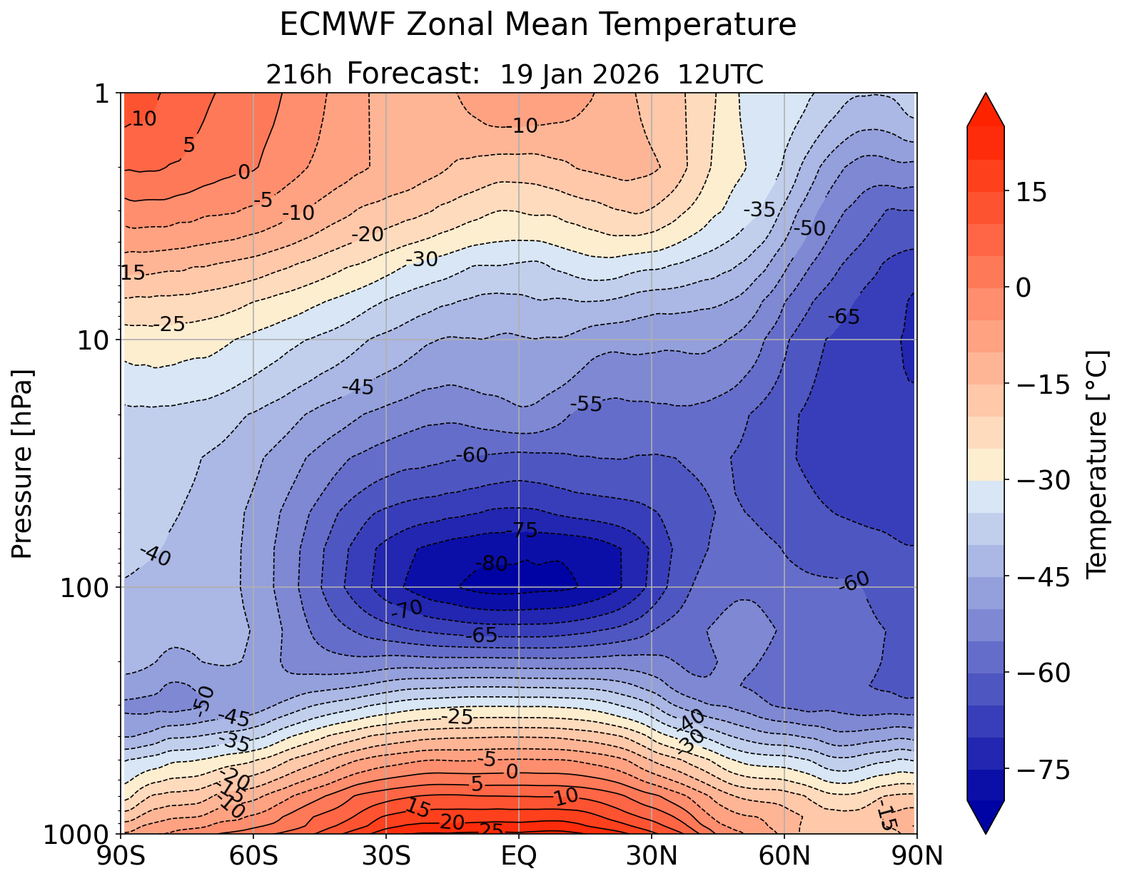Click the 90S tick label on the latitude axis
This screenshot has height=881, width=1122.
coord(124,856)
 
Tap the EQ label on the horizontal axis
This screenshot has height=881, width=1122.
coord(519,856)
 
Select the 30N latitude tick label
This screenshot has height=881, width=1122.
coord(652,856)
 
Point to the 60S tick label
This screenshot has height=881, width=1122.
coord(253,856)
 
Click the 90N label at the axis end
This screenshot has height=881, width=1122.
coord(916,856)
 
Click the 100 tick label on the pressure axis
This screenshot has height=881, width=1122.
coord(89,588)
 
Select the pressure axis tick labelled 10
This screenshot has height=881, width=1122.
coord(98,340)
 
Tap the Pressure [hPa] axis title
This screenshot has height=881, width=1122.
coord(23,464)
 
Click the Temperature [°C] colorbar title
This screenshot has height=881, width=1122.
coord(1096,464)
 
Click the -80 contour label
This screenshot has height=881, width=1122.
coord(491,564)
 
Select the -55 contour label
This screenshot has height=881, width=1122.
coord(587,404)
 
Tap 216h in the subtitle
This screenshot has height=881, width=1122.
coord(299,74)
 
